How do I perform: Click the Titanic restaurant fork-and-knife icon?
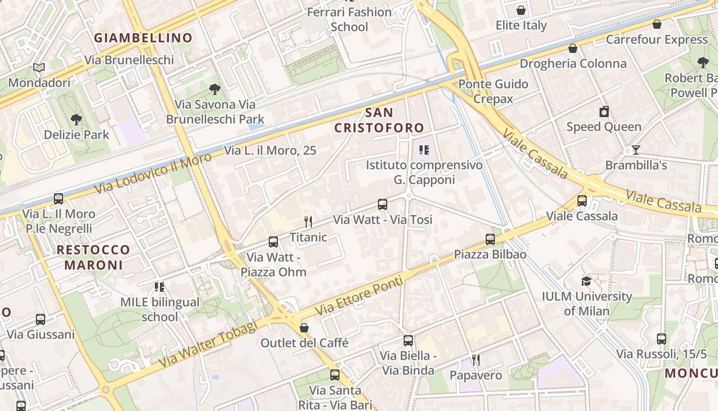coord(308,222)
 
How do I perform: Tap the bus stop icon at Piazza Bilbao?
coord(490,239)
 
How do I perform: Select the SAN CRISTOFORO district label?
coord(379,120)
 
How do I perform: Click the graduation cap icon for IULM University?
coord(586,281)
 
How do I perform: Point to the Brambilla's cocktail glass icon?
coord(636,150)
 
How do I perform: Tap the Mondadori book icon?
coord(39,67)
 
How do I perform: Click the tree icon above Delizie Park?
coord(76,120)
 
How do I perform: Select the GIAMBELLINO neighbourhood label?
coord(143,38)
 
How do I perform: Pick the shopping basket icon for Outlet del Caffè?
coord(304,327)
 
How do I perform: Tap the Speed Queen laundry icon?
coord(604,111)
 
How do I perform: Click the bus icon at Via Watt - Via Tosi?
coord(383,204)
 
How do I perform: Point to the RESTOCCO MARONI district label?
coord(93,257)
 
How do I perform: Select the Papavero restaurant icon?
coord(476,360)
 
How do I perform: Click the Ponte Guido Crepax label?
coord(493,91)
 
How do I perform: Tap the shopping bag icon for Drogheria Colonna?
coord(573,48)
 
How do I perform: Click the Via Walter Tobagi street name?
coord(207,344)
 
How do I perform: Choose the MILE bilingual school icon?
coord(159,287)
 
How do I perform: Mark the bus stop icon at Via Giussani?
coord(41,320)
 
